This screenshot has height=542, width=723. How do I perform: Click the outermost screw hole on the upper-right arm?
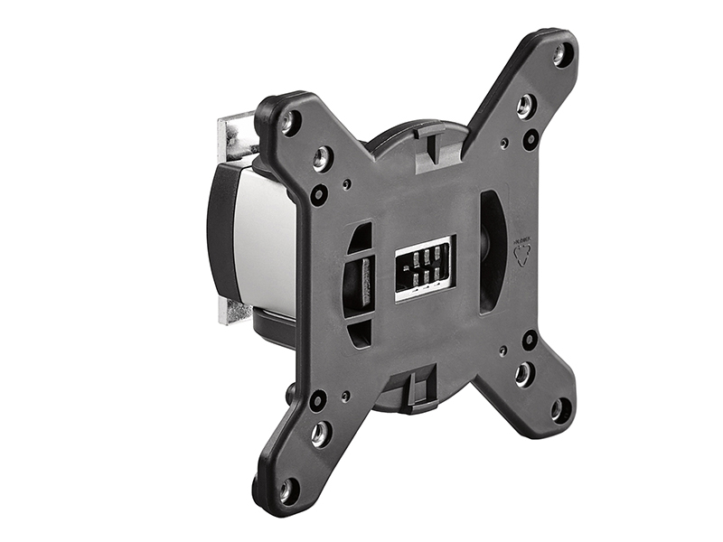[x=561, y=54]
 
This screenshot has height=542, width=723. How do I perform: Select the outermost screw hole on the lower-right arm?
[x=559, y=408]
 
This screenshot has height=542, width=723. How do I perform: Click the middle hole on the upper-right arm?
[x=525, y=107]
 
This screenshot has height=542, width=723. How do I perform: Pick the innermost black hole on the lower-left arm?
[x=317, y=398]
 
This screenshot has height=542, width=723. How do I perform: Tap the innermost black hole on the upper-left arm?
[x=318, y=193]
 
